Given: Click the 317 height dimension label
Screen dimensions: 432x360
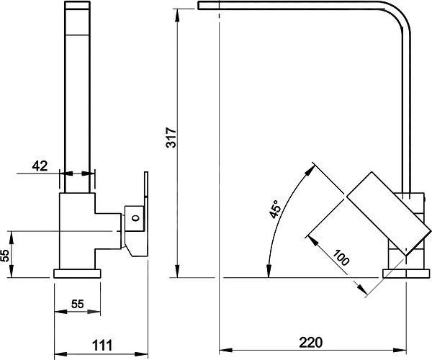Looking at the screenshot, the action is pos(171,138).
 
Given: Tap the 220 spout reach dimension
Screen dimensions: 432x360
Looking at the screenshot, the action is pos(310,343).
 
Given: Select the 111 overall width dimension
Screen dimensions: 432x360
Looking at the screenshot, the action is pos(102,345).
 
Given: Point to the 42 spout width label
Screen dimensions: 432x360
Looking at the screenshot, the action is pos(40,166).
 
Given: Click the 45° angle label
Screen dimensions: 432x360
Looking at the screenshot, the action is pos(276,210).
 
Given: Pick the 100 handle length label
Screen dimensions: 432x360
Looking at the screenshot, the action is pos(341,257).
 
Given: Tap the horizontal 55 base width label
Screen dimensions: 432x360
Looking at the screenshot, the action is pos(78,304).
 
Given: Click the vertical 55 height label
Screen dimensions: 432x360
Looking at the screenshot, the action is pos(5,256).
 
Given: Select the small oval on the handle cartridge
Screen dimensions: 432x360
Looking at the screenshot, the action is pos(135,218).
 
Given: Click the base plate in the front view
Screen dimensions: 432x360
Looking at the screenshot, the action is pos(77,274).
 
